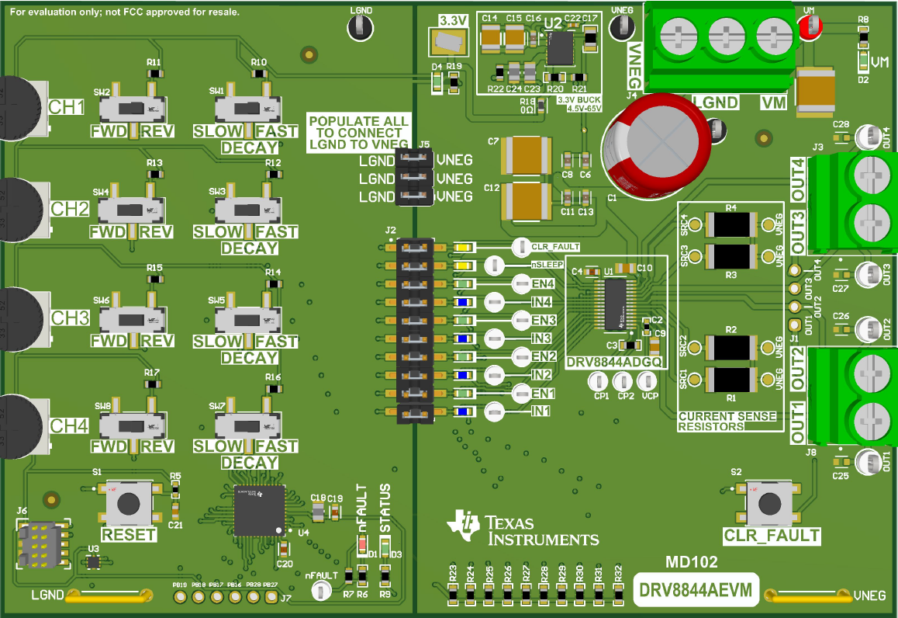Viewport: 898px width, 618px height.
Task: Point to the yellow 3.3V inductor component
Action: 450,41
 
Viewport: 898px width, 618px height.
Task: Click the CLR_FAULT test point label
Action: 554,247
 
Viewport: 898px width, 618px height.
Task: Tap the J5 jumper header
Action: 414,178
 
